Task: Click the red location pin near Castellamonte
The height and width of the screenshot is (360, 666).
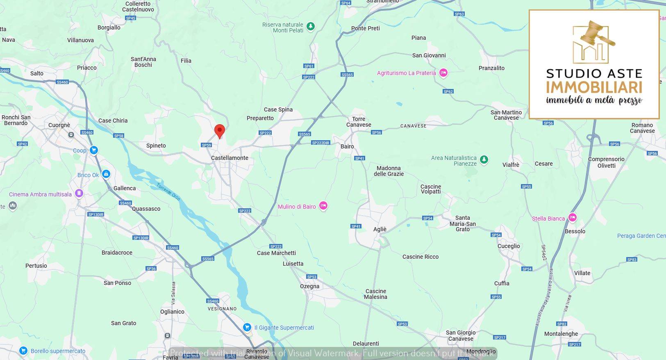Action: (220, 131)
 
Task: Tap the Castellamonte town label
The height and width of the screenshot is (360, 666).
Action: (230, 158)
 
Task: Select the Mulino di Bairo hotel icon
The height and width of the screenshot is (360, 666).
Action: (323, 206)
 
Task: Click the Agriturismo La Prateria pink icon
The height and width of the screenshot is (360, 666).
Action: (443, 73)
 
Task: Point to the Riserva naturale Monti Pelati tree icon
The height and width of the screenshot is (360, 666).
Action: (311, 27)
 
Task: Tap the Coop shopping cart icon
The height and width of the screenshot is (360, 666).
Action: (94, 150)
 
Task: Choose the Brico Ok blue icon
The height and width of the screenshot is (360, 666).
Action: (106, 174)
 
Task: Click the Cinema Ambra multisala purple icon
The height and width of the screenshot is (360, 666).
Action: (79, 194)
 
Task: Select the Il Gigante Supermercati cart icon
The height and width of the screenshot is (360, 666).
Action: (247, 327)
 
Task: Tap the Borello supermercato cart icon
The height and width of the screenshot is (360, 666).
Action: (23, 351)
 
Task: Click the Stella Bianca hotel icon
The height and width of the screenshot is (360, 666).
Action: (573, 218)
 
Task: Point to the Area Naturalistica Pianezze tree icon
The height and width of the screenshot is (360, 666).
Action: (484, 159)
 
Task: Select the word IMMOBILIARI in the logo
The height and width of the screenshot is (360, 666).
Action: (594, 87)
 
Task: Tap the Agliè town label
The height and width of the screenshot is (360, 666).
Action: (380, 229)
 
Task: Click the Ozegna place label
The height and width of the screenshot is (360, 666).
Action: (309, 286)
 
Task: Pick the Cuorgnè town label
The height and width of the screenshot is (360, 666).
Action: (59, 125)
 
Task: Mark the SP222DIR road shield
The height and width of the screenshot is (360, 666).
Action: (320, 143)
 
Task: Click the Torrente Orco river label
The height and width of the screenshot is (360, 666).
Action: (168, 192)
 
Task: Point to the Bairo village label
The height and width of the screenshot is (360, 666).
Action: (347, 146)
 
